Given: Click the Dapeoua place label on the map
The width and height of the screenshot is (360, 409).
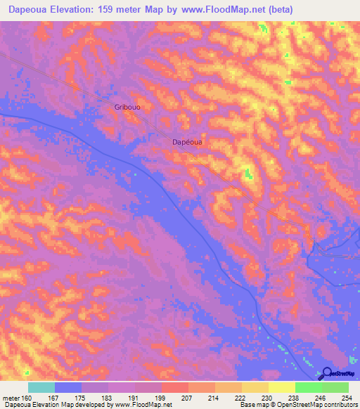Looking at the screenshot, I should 188,141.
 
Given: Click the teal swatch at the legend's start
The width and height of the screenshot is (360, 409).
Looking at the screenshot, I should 41,387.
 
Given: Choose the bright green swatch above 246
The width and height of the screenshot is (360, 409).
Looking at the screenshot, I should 308,387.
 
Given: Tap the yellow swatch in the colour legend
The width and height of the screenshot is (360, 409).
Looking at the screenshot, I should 281,387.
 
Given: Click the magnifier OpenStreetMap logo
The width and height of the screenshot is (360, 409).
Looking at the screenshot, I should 327,374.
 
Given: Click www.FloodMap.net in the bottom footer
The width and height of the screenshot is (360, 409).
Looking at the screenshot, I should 144,405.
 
